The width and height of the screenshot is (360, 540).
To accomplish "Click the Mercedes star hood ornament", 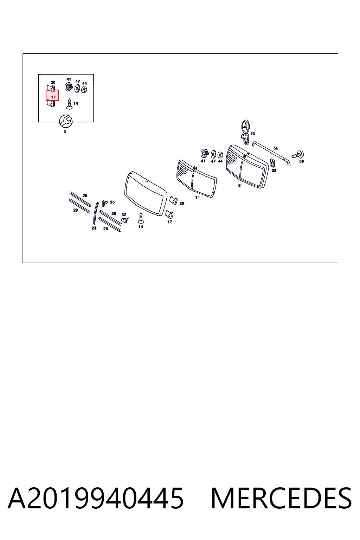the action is [245, 131].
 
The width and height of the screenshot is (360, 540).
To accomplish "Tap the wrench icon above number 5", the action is [65, 121].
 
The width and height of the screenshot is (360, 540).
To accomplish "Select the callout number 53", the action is [252, 134].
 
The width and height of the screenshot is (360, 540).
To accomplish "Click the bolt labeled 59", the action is [298, 155].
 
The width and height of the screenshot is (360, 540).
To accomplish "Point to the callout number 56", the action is [276, 148].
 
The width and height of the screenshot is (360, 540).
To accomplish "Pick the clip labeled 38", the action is [272, 163].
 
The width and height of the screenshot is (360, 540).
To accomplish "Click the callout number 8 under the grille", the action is [239, 185].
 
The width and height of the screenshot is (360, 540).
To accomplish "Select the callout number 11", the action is [198, 198].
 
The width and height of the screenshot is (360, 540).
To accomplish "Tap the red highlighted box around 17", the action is [52, 95].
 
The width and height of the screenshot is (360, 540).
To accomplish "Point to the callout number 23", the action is [94, 228].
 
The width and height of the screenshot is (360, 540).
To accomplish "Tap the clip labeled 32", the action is [125, 220].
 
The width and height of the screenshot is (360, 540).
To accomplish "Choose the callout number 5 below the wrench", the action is [65, 131].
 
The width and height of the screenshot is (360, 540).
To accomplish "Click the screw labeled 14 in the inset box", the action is [69, 104].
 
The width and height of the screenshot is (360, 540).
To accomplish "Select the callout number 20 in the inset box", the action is [53, 83].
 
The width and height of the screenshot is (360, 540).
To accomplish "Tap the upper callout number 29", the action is [85, 196].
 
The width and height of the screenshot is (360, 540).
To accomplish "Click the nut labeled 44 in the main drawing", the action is [220, 155].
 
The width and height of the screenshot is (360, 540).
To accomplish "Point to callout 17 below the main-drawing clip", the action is [170, 222].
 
